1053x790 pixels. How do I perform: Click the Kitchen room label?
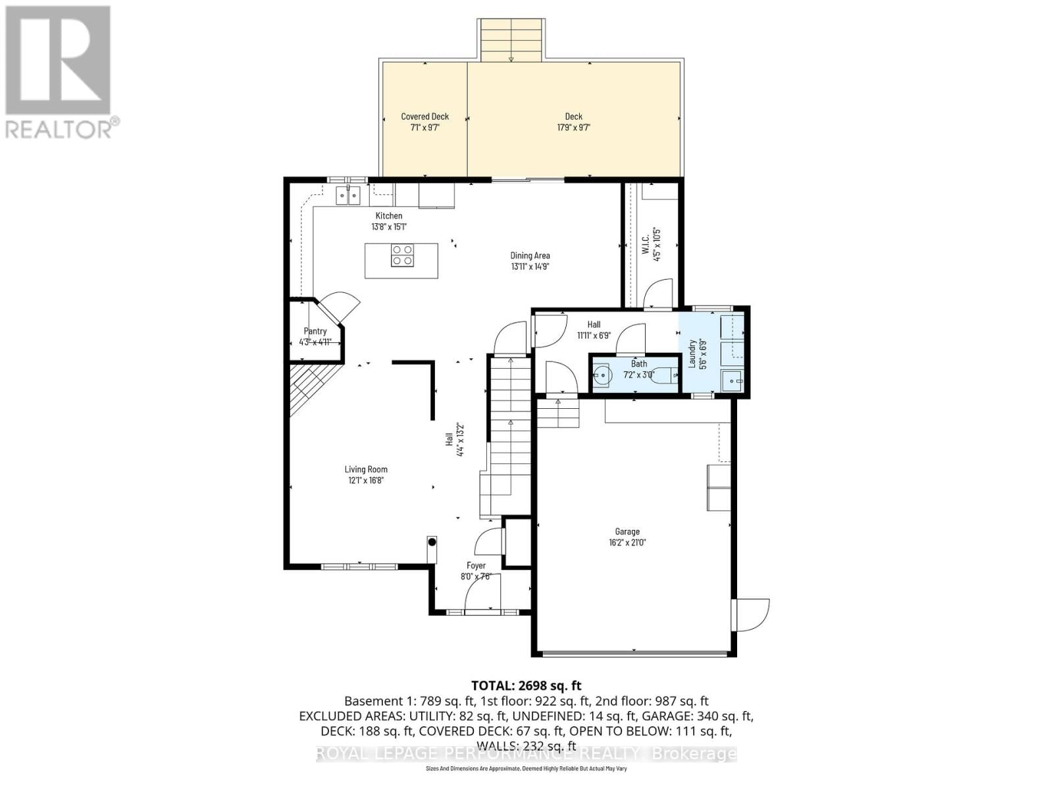pos(388,216)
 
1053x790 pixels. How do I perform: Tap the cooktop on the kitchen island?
pos(402,255)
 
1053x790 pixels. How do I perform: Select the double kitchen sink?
pos(348,195)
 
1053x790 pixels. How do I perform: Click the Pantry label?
pos(315,331)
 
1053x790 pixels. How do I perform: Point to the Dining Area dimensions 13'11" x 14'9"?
pos(530,267)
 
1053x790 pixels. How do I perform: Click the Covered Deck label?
pos(424,117)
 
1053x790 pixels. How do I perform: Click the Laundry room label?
pos(692,354)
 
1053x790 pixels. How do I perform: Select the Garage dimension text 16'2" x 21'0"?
pos(627,542)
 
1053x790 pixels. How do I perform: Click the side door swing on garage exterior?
pos(752,614)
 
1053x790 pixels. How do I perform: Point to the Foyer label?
pos(476,566)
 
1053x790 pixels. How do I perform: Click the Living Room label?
pos(366,469)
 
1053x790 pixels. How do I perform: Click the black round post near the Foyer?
pos(432,542)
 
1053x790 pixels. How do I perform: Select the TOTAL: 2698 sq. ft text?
pos(526,685)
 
